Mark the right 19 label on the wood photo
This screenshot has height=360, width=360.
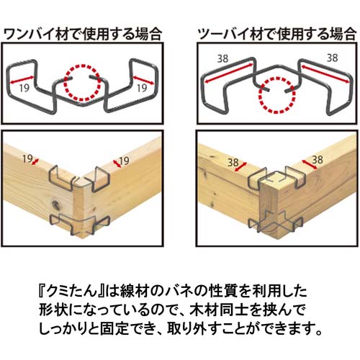click(x=123, y=160)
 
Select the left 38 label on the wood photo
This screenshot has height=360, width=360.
click(x=233, y=163)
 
